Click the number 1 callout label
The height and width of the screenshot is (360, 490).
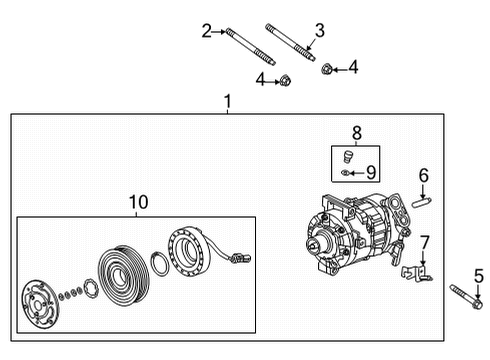pos(228,102)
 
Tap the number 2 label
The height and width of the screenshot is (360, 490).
pos(207,31)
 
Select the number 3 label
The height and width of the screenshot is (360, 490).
pos(319,31)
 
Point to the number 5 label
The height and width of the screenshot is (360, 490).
pos(478,275)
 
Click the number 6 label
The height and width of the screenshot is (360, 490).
pos(423,176)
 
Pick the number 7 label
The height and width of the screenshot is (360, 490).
pos(424,241)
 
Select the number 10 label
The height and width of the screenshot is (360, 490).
pos(137,203)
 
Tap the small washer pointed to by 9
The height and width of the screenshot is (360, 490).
pos(346,173)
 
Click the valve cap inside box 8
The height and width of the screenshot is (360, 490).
pos(346,157)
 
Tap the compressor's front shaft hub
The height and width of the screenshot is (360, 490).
pos(323,243)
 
